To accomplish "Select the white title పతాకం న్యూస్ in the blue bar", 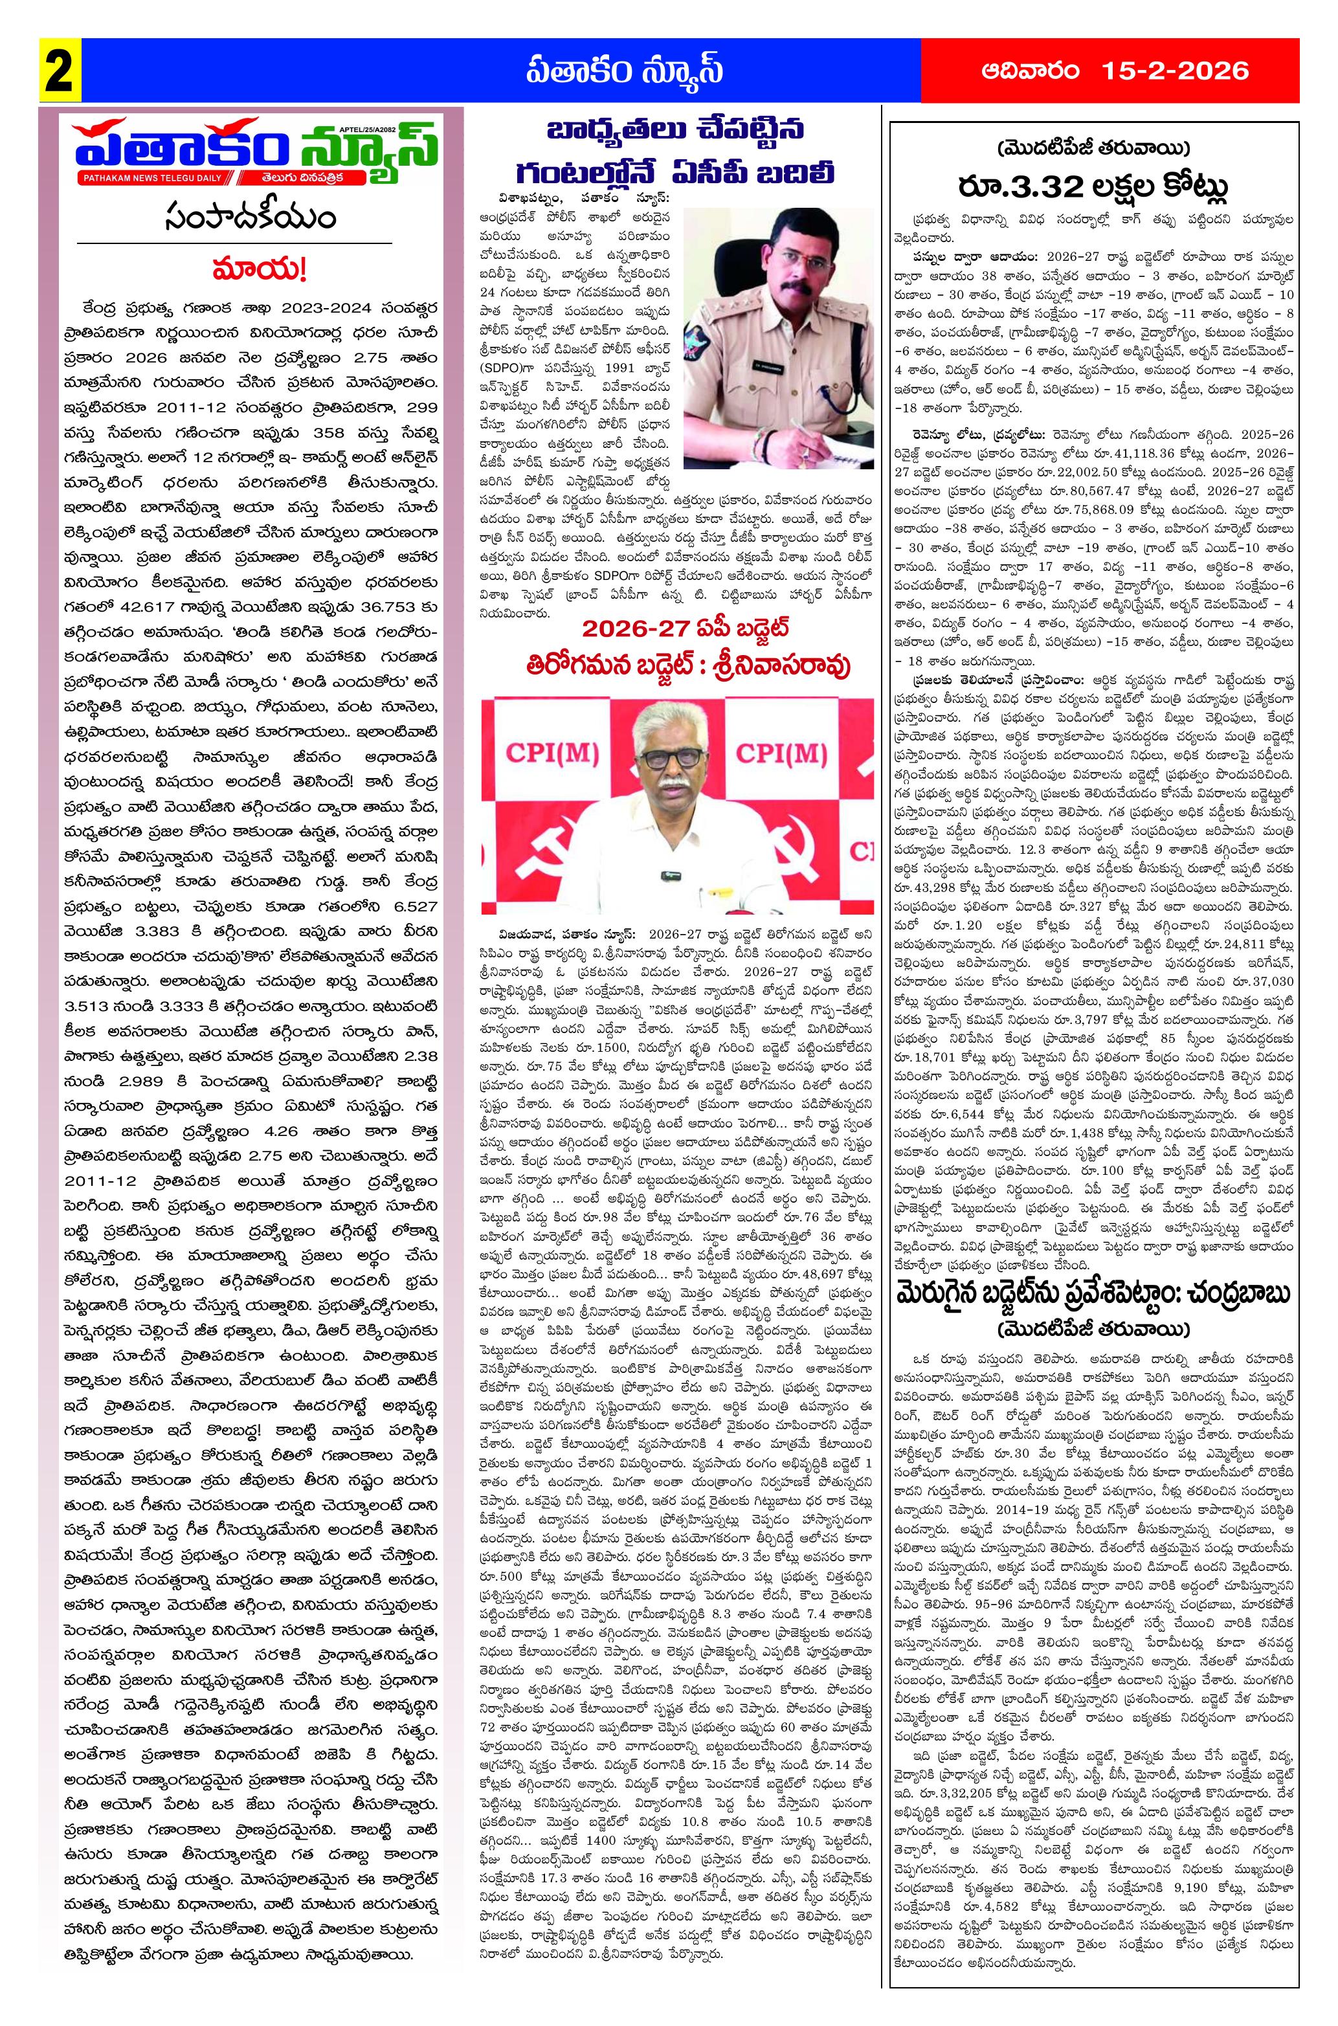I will point(623,71).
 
